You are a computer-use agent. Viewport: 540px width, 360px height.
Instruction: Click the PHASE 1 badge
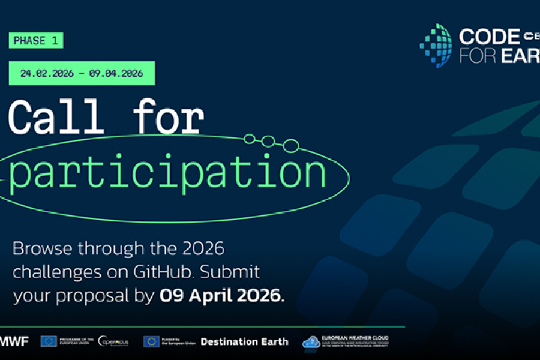(x=35, y=41)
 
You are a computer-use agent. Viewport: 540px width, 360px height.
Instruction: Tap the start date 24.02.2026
(x=47, y=74)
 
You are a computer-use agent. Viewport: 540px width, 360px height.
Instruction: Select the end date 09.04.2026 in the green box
(x=116, y=74)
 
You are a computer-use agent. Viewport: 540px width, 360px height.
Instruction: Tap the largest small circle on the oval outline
(x=291, y=145)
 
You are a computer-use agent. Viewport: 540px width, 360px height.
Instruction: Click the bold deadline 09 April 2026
(x=220, y=296)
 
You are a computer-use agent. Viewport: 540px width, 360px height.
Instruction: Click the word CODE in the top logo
(x=489, y=37)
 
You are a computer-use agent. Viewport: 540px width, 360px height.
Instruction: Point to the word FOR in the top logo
(x=476, y=56)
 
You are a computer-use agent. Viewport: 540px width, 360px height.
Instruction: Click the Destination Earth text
(x=244, y=341)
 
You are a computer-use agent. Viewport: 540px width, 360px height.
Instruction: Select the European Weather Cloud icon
(x=311, y=341)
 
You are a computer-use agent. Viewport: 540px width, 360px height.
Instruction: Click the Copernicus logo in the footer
(x=112, y=341)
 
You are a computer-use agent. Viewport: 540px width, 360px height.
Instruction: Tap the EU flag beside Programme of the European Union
(x=49, y=341)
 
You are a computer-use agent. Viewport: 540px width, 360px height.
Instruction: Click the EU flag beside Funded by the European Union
(x=151, y=341)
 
